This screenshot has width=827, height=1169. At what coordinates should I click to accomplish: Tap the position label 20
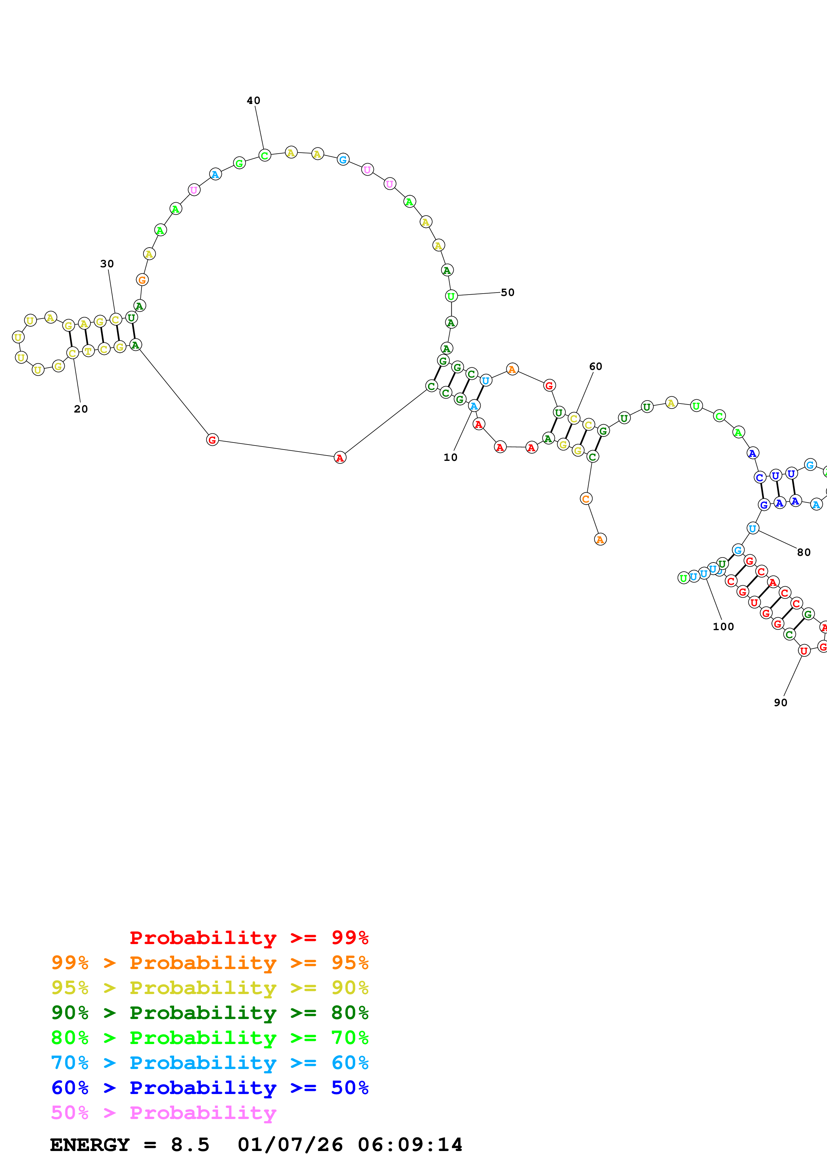tap(80, 409)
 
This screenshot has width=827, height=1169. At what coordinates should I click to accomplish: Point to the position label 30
tap(106, 264)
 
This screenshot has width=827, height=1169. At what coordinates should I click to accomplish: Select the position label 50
tap(507, 292)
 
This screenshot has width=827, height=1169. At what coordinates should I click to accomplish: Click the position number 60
tap(595, 367)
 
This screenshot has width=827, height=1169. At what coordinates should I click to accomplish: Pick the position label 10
tap(450, 457)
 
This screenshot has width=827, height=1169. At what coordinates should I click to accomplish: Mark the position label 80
tap(804, 553)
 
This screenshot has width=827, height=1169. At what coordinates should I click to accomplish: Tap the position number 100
tap(723, 627)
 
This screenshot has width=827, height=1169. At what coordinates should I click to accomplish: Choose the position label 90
tap(780, 702)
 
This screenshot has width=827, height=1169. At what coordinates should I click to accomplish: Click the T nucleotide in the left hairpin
tap(88, 351)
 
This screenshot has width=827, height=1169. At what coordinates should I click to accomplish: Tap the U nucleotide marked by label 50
tap(451, 296)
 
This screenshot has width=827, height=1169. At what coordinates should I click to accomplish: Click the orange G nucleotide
tap(142, 280)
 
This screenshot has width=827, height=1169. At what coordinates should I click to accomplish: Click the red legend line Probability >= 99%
tap(249, 938)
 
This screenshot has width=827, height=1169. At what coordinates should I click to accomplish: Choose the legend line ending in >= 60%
tap(210, 1063)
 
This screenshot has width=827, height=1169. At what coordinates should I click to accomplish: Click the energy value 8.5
tap(190, 1145)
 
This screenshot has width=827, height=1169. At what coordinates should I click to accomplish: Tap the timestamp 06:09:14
tap(410, 1145)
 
